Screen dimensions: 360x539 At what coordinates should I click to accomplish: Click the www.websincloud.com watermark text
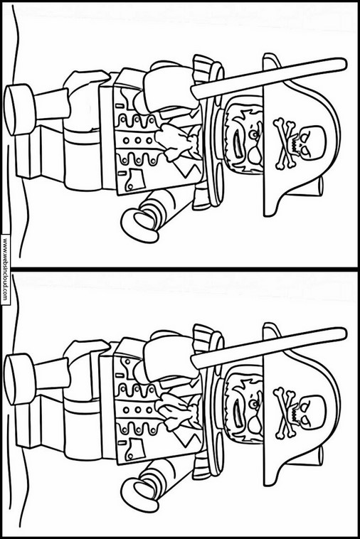click(x=5, y=269)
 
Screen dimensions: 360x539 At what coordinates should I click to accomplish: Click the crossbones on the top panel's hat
click(x=285, y=144)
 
